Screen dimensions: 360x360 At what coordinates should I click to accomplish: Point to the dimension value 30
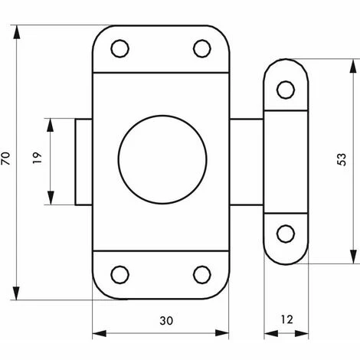[161, 319]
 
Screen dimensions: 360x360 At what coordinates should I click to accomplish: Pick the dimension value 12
[285, 319]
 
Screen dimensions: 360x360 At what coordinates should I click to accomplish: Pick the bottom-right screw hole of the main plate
[201, 274]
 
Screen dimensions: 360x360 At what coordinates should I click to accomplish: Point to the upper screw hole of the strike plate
[285, 90]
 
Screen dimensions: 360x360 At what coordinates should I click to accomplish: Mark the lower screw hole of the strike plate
[285, 234]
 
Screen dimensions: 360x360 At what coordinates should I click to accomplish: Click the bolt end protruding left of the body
[83, 162]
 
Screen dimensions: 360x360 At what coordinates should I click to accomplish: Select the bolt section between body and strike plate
[247, 162]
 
